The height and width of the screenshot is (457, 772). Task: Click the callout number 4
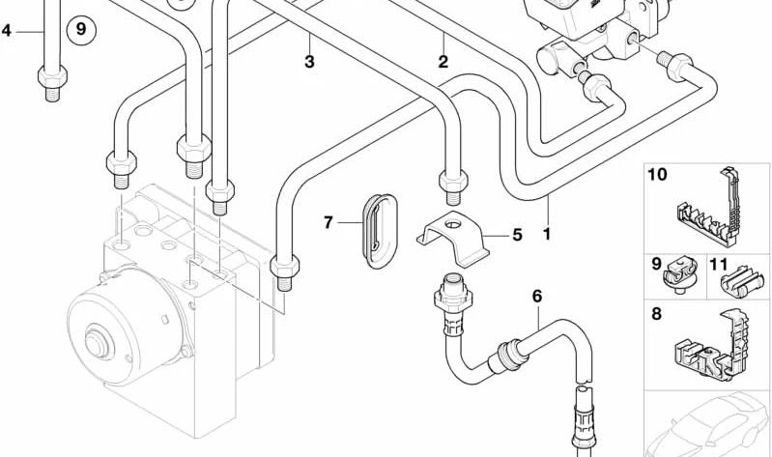(x=7, y=31)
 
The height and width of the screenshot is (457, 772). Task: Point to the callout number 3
(x=309, y=63)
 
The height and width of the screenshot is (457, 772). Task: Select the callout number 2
(x=443, y=63)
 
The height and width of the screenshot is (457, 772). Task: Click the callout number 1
(x=547, y=233)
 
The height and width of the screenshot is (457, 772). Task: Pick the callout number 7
(x=329, y=223)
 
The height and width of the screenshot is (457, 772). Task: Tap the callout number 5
(x=516, y=234)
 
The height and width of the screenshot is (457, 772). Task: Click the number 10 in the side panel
(x=657, y=176)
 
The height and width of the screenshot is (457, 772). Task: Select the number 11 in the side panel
(x=719, y=263)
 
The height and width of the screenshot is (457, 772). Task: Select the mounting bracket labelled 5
(x=453, y=235)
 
